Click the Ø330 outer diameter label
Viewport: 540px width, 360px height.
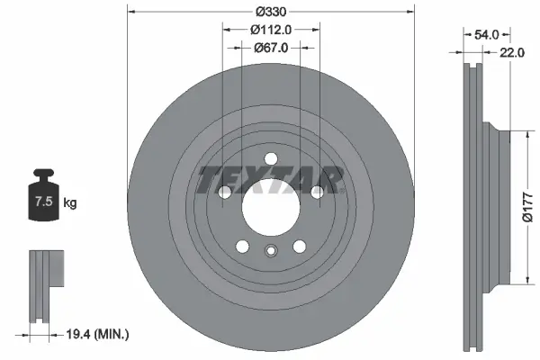pos(270,12)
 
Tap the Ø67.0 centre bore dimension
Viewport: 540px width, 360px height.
pos(270,48)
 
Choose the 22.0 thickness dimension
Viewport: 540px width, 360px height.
pos(511,53)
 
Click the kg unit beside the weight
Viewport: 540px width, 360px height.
pos(70,203)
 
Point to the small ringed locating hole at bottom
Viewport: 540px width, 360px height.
pos(270,253)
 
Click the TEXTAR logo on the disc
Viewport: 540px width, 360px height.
pos(270,179)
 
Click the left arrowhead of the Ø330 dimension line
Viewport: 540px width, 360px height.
pos(131,12)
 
